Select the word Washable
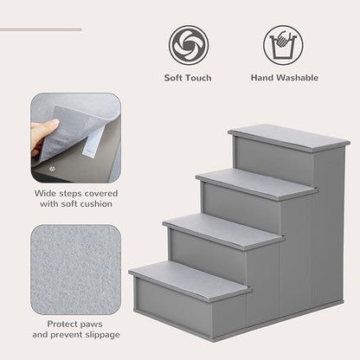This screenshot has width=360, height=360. [x=297, y=78]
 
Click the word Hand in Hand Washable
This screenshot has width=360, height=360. [x=263, y=78]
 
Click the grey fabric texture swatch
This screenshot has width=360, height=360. [x=76, y=267]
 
